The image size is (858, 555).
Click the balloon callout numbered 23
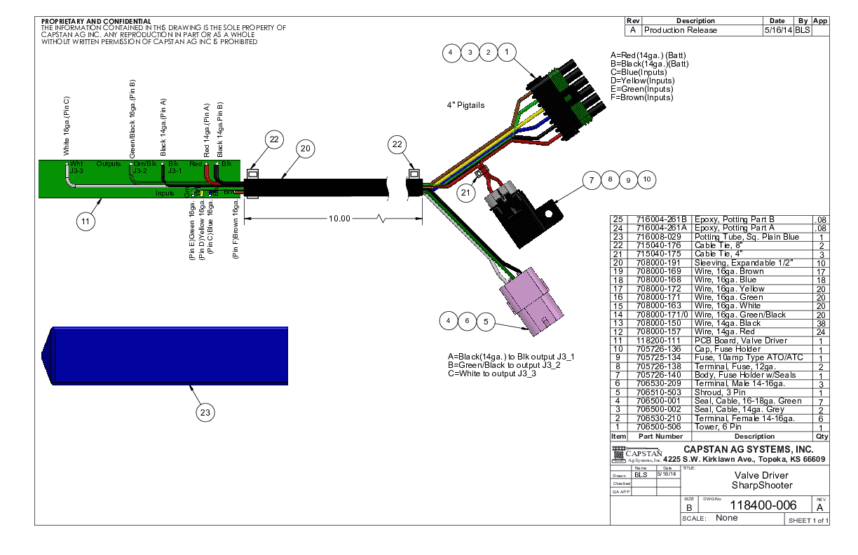click(x=205, y=413)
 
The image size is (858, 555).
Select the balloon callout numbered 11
click(x=86, y=222)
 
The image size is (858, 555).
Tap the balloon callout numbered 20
click(x=305, y=149)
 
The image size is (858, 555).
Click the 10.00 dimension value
click(x=339, y=219)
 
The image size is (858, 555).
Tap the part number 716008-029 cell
click(x=658, y=238)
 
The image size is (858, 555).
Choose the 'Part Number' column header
click(x=658, y=436)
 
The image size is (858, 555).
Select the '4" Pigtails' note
click(x=465, y=105)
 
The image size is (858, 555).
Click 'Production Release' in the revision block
click(x=681, y=30)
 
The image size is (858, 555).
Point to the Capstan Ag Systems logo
click(x=636, y=455)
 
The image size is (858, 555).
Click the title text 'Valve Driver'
click(x=752, y=475)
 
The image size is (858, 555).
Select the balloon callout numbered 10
click(x=647, y=179)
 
